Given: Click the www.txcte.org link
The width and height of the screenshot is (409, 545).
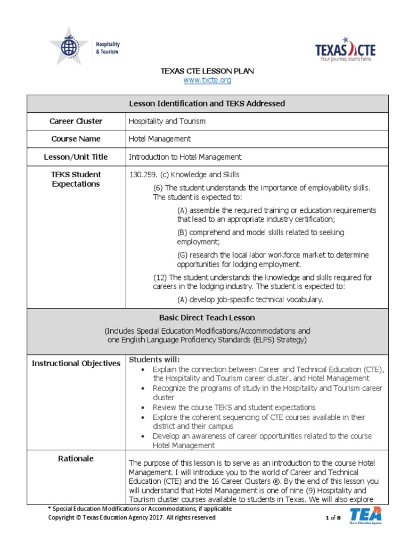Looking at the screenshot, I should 207,80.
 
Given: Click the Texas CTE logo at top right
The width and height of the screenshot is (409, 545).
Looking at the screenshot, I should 345,49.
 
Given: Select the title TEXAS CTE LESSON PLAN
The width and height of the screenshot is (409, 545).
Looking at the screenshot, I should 207,71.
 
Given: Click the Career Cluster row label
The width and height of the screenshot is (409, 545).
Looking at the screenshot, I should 76,121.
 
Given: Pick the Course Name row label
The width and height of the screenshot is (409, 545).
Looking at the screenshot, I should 76,139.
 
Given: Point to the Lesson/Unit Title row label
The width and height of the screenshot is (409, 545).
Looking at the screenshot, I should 76,157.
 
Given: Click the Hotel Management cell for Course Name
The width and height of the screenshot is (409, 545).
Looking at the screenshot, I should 160,139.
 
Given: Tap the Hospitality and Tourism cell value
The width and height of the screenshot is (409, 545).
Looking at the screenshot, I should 167,121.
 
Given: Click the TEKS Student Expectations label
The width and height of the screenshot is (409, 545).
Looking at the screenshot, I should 76,179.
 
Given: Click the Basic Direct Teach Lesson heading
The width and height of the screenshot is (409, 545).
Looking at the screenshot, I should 207,318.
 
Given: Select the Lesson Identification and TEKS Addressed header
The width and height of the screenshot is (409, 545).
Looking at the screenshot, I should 207,104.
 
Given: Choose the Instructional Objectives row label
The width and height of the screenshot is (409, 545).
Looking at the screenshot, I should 76,364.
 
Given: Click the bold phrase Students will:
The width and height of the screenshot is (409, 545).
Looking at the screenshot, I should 155,359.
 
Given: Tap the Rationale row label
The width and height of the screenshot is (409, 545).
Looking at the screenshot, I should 76,458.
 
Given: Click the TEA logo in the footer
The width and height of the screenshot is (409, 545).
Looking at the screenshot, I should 365,516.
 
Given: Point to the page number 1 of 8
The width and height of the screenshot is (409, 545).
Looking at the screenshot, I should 332,518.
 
